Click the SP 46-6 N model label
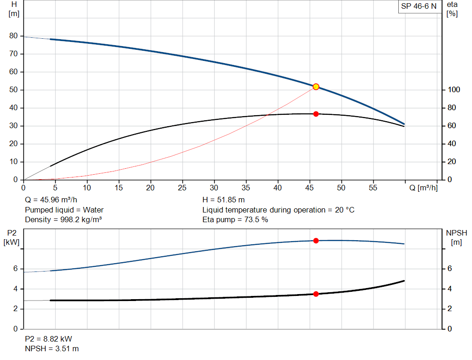[x=419, y=6]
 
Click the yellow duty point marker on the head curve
[x=316, y=87]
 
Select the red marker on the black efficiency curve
[x=316, y=114]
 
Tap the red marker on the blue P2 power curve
[x=316, y=241]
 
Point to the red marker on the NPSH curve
[x=316, y=294]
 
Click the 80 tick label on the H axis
[x=13, y=36]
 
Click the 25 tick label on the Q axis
[x=183, y=188]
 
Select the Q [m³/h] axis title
[x=423, y=188]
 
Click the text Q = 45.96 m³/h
[x=50, y=200]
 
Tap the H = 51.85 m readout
[x=224, y=200]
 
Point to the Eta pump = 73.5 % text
[x=235, y=219]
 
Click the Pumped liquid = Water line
[x=64, y=210]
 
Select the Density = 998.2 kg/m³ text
[x=63, y=219]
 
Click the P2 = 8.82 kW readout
[x=48, y=339]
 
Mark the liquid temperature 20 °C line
[x=278, y=210]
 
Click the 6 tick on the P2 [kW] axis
[x=16, y=269]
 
